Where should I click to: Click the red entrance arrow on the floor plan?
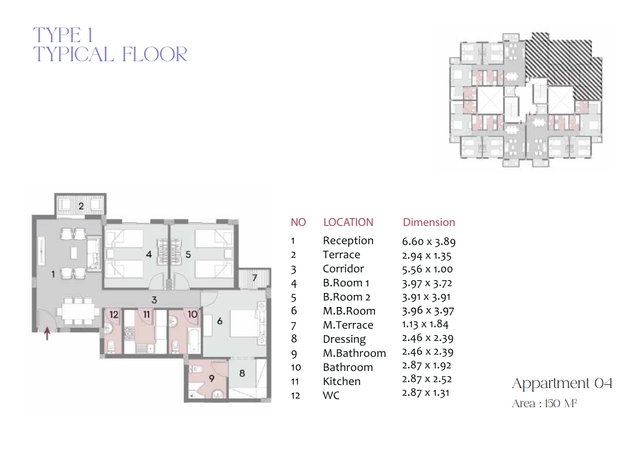(47, 333)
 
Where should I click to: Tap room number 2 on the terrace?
(81, 206)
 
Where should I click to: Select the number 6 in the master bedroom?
(220, 321)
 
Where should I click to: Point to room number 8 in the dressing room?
(242, 373)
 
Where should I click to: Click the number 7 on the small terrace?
(254, 278)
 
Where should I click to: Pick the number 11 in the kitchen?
(146, 314)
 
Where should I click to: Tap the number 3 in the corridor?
(154, 300)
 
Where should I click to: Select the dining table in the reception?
(78, 312)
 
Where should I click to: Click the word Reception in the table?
(348, 241)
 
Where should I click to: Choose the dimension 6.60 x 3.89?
(428, 241)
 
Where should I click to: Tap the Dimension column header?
(428, 222)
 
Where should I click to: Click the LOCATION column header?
(349, 222)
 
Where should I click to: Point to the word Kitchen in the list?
(342, 381)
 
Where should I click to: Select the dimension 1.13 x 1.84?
(425, 324)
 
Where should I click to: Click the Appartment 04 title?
(562, 383)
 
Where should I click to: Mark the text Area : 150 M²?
(544, 403)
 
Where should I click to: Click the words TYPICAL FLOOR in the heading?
(110, 54)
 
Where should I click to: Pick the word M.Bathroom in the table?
(354, 353)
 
